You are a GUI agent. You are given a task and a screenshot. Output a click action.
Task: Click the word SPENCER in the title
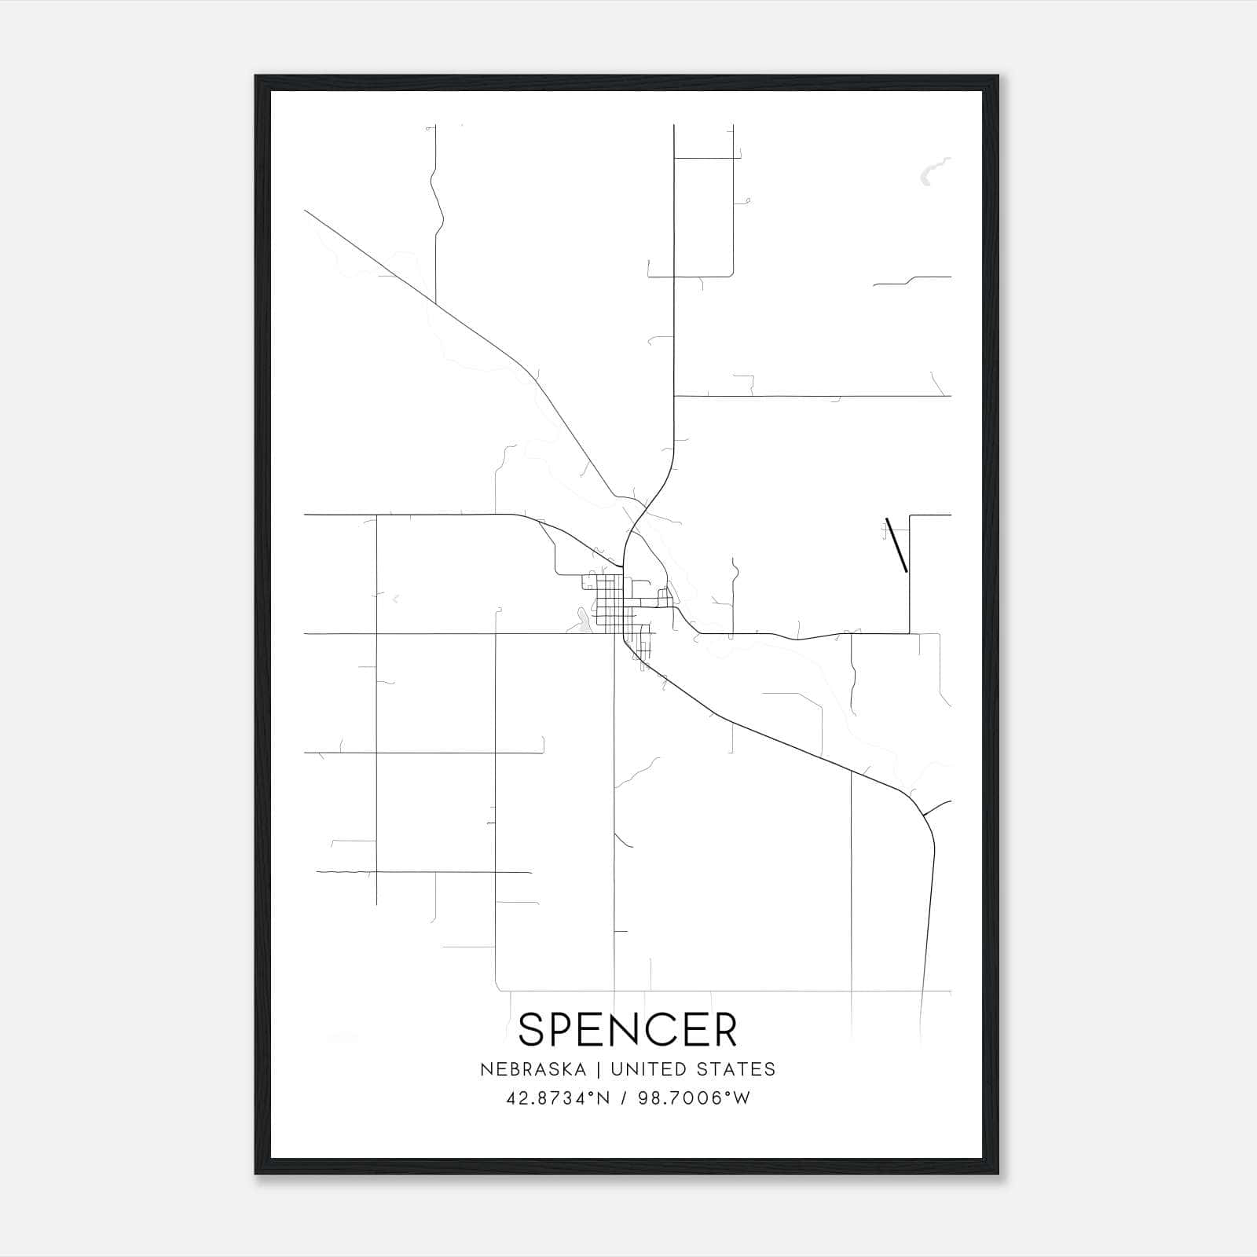[x=628, y=1029]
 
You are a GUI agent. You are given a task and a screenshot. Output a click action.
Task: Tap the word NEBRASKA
[x=533, y=1069]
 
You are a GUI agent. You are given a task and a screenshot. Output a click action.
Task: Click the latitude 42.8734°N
[x=558, y=1098]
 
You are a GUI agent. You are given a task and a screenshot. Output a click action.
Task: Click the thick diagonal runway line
[x=896, y=544]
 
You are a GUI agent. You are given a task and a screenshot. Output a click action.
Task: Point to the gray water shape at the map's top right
[x=933, y=170]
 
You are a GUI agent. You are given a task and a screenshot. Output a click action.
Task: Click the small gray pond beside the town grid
[x=582, y=622]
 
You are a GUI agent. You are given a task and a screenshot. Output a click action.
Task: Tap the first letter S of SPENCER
[x=532, y=1029]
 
